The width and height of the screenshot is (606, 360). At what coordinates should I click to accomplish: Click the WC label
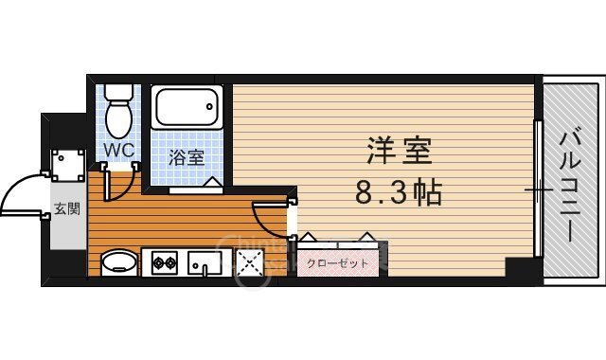[118, 150]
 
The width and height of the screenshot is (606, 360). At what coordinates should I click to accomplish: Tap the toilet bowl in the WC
[118, 113]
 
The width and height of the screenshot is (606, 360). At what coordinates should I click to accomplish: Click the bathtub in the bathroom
[187, 109]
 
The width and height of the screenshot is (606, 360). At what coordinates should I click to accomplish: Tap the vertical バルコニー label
[569, 180]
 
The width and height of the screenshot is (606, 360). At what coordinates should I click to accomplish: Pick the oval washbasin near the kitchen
[117, 261]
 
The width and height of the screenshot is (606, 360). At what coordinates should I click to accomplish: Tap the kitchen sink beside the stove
[205, 261]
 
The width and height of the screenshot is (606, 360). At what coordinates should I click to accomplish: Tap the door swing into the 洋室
[270, 218]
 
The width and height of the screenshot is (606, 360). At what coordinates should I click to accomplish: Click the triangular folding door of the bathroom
[213, 182]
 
